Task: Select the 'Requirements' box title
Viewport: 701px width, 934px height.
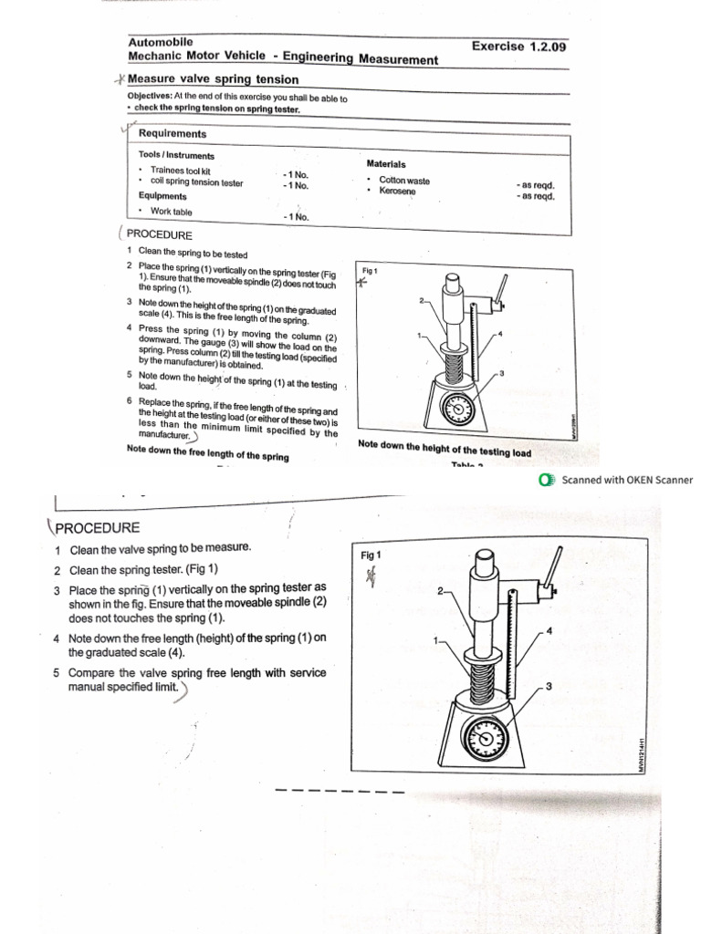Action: coord(173,134)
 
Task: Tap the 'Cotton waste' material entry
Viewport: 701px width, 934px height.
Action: coord(404,181)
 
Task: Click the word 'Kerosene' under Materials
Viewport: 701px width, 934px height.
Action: coord(397,192)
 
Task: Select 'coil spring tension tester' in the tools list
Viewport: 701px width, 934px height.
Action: coord(196,182)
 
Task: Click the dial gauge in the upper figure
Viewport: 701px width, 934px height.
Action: coord(457,410)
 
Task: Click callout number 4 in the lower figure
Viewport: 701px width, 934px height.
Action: coord(549,630)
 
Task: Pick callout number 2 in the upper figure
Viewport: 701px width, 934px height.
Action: coord(422,300)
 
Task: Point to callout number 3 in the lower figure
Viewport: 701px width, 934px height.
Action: coord(548,686)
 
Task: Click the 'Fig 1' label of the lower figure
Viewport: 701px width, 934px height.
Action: coord(371,555)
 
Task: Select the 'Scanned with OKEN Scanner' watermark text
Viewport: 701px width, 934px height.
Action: coord(627,480)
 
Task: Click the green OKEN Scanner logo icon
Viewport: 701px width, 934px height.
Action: coord(546,480)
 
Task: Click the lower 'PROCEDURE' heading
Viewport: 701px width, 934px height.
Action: coord(97,527)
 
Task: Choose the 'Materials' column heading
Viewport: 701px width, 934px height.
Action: coord(386,164)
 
